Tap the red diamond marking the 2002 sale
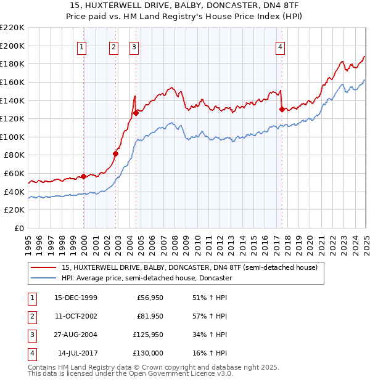pos(115,153)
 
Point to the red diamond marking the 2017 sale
pos(282,109)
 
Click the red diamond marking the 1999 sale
pos(84,176)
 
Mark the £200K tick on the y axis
pos(12,46)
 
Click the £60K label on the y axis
pos(14,174)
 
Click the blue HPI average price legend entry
pos(146,278)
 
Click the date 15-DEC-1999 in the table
pos(75,298)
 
